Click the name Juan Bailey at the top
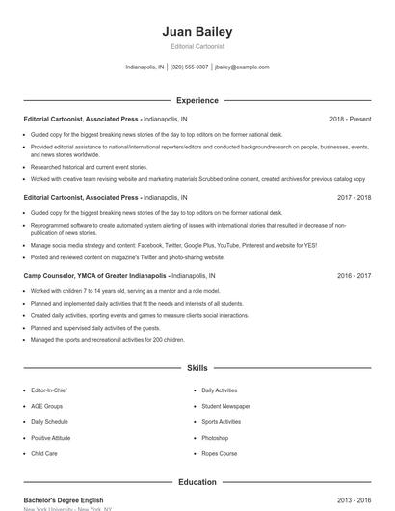[x=197, y=32]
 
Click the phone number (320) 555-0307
[x=189, y=67]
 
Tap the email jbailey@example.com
[x=242, y=67]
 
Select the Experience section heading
[x=197, y=100]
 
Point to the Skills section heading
[x=197, y=368]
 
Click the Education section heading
[x=197, y=482]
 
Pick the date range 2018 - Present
[x=350, y=119]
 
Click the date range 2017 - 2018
[x=354, y=197]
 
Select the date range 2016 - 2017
[x=354, y=275]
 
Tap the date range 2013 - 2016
[x=354, y=500]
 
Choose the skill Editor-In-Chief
[x=50, y=390]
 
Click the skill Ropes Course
[x=219, y=452]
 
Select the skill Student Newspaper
[x=225, y=406]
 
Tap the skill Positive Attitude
[x=52, y=437]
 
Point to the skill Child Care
[x=44, y=452]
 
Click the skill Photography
[x=219, y=437]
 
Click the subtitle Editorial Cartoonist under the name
[x=197, y=46]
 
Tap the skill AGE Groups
[x=46, y=406]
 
